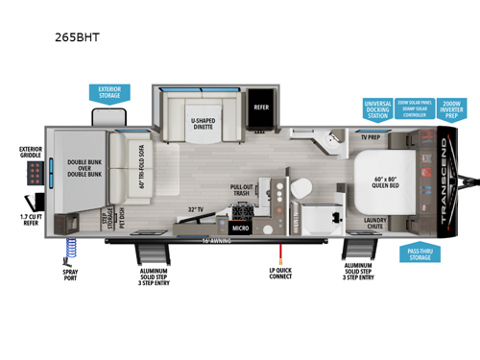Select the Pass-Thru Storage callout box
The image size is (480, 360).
pos(419,253)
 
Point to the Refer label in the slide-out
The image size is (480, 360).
pos(261,108)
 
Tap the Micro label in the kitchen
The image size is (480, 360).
pos(240,228)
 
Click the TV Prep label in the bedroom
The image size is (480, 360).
pos(372,136)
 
